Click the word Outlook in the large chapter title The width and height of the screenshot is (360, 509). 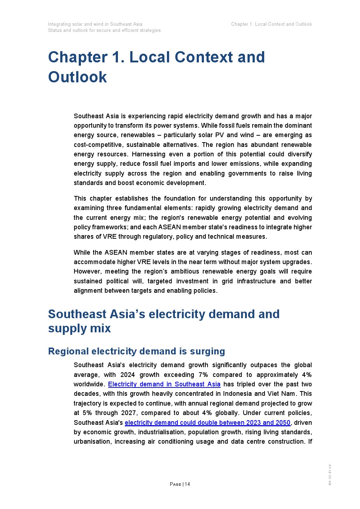[x=77, y=77]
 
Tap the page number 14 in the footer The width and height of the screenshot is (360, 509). [x=187, y=484]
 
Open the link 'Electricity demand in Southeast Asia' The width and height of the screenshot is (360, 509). [x=164, y=384]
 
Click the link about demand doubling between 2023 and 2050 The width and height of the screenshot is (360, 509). [x=207, y=423]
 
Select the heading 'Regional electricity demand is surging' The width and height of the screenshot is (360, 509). [x=136, y=351]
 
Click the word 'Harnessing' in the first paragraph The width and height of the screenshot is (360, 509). [x=147, y=154]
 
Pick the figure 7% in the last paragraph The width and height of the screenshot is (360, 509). [x=203, y=375]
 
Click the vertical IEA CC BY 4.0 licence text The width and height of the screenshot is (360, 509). [x=330, y=474]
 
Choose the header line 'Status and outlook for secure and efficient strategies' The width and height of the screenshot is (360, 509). [x=104, y=30]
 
